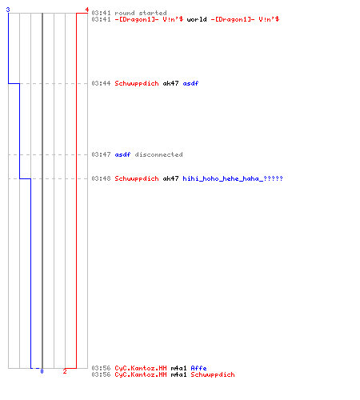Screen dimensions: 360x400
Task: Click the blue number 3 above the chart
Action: click(8, 10)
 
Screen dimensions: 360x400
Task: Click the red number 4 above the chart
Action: click(86, 10)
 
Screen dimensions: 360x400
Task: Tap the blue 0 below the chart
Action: click(42, 371)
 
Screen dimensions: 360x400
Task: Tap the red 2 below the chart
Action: click(65, 371)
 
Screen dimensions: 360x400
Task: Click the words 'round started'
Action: click(141, 13)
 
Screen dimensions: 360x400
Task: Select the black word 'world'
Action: click(197, 19)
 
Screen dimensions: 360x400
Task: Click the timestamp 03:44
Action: click(101, 83)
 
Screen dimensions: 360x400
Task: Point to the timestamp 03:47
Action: click(101, 154)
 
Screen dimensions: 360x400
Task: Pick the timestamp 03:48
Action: click(101, 178)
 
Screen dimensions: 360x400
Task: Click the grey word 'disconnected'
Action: click(158, 154)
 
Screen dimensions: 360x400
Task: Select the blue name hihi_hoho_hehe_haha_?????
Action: click(233, 178)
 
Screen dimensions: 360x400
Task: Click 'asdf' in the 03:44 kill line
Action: click(190, 83)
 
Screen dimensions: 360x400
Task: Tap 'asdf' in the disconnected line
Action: click(122, 154)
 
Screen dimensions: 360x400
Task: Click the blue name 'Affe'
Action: click(198, 368)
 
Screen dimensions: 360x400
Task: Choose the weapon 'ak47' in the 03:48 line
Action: click(170, 178)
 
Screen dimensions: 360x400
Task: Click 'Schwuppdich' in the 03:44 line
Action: click(137, 83)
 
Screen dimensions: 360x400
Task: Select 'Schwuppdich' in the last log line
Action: click(213, 374)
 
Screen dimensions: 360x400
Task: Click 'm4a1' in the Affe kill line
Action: click(178, 368)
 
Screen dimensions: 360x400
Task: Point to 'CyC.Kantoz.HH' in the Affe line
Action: click(141, 368)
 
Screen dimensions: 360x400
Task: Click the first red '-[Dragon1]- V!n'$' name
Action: click(149, 19)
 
